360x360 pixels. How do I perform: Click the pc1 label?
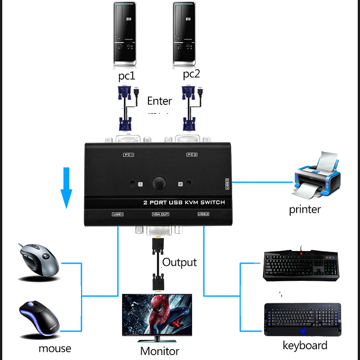[126, 76]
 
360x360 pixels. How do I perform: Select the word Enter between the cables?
[159, 101]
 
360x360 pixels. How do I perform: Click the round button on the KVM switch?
[159, 183]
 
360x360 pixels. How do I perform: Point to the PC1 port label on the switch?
[129, 155]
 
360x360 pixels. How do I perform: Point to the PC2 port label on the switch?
[192, 155]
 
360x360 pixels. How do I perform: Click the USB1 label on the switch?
[117, 214]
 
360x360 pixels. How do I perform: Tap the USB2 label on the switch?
[203, 214]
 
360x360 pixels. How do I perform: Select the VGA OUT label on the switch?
[160, 214]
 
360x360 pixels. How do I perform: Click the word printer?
[305, 209]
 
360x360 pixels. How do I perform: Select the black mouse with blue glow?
[40, 317]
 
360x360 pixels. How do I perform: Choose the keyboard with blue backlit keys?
[302, 319]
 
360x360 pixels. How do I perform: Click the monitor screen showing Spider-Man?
[157, 314]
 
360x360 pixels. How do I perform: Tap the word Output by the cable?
[180, 262]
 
